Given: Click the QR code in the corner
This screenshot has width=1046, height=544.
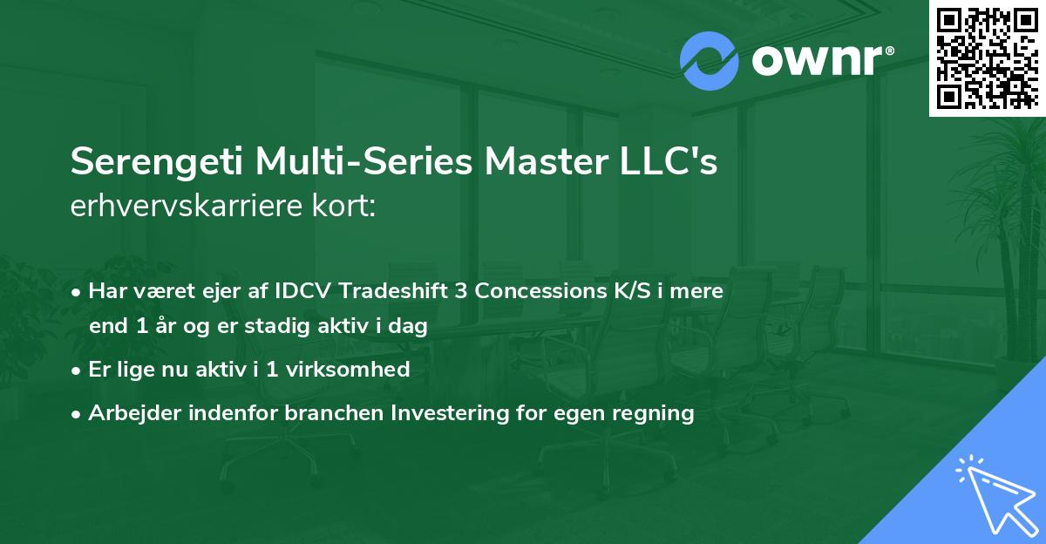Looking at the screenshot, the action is tap(988, 58).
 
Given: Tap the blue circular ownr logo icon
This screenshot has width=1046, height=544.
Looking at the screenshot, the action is tap(709, 61).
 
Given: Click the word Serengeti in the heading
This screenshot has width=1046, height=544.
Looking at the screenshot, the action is tap(157, 162).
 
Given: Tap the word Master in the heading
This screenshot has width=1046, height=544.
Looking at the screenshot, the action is tap(547, 161).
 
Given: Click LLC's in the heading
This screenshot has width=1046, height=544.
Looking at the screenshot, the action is tap(669, 161).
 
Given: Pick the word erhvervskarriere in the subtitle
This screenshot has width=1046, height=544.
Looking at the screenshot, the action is tap(187, 206).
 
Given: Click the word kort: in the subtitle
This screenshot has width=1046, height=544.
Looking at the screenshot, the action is tap(343, 206).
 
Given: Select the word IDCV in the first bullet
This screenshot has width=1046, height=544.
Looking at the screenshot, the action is tap(302, 291).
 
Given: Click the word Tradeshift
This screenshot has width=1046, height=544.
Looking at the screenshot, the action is tap(393, 291).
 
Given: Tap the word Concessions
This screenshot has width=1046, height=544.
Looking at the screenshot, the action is tap(540, 291).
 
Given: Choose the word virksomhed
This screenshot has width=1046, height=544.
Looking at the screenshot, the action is tap(348, 370).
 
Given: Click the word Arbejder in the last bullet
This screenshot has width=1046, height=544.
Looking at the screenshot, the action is tap(134, 413).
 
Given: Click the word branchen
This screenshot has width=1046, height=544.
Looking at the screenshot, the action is tap(334, 412).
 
